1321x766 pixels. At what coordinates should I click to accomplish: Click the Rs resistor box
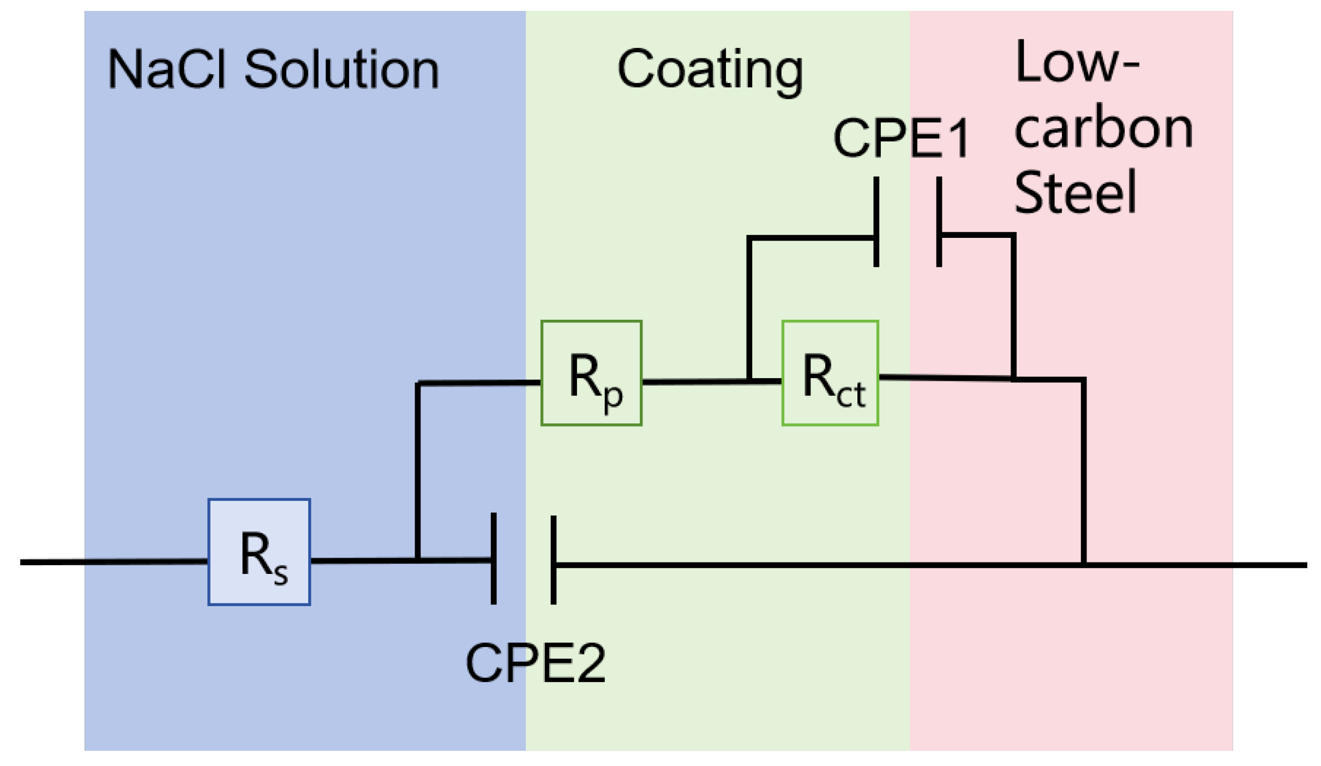[259, 552]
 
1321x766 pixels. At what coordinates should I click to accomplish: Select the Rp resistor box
[591, 373]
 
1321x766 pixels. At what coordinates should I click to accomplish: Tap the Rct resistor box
[830, 373]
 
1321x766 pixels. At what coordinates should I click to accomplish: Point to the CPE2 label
[535, 663]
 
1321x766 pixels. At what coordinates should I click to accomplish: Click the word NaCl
[166, 69]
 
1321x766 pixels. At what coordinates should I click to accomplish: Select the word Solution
[341, 69]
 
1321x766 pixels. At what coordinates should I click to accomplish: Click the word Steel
[1075, 192]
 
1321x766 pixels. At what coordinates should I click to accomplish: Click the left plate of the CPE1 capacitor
[876, 222]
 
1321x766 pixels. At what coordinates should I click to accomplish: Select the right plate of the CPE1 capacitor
[939, 222]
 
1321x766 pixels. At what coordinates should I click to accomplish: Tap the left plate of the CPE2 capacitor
[494, 559]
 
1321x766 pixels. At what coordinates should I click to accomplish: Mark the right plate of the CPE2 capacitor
[553, 560]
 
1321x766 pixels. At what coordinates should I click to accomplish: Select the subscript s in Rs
[281, 575]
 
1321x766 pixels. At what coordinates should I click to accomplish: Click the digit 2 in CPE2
[591, 663]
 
